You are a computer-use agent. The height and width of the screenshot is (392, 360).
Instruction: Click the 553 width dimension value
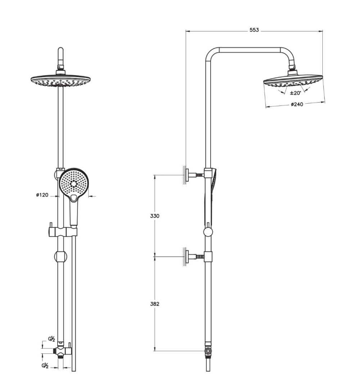pos(254,30)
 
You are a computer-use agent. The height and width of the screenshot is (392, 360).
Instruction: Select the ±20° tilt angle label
pos(295,93)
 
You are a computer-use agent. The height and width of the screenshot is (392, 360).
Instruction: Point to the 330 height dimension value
pos(155,216)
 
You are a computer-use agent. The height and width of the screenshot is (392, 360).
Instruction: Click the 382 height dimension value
pos(155,304)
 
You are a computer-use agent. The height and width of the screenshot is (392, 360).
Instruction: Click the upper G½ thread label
pos(51,339)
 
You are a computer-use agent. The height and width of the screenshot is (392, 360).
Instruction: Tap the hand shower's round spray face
pos(73,182)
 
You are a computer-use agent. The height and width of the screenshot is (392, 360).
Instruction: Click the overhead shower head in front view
pos(61,81)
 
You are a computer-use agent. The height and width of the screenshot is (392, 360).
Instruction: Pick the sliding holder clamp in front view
pos(61,231)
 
